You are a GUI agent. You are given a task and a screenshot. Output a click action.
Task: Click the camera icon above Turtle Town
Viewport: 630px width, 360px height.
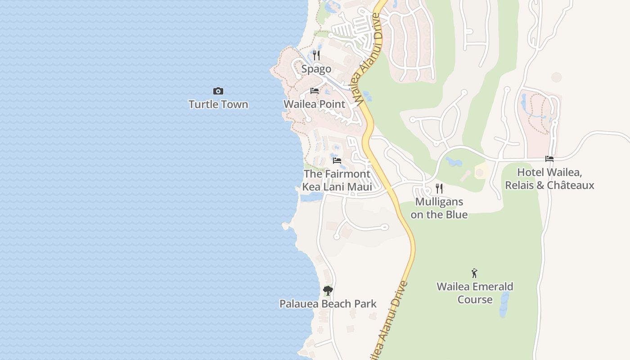click(218, 91)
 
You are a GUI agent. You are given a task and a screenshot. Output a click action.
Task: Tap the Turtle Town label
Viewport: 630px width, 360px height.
click(218, 104)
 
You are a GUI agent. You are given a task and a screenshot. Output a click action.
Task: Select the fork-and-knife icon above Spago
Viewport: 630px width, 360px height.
click(316, 55)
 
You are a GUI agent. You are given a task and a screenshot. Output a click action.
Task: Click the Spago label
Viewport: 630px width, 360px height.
click(316, 69)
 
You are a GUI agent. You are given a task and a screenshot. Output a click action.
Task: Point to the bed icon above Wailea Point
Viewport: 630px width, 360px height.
click(315, 91)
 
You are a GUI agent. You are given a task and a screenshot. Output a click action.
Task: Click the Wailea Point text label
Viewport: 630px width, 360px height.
click(315, 104)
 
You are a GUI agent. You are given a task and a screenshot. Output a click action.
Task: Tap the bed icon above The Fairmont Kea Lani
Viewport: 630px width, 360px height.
click(337, 161)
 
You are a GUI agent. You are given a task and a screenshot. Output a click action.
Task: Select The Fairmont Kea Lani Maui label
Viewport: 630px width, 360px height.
click(337, 180)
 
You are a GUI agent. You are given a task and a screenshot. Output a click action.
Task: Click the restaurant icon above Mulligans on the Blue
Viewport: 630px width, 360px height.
click(439, 189)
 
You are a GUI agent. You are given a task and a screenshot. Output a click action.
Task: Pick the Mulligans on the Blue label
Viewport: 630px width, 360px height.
click(439, 208)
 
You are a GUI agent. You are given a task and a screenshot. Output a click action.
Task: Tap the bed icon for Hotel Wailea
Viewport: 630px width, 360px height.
click(549, 159)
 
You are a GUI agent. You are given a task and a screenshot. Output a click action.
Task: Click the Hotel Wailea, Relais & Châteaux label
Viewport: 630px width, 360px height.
click(549, 179)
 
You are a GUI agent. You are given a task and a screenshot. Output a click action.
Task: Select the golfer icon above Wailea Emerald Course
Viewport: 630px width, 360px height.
click(474, 273)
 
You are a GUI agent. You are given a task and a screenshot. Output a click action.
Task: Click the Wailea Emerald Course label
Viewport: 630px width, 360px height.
click(475, 293)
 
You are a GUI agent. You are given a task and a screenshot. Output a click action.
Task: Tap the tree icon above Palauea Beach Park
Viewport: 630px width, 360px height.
click(328, 291)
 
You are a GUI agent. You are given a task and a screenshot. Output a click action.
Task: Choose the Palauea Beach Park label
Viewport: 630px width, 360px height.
click(328, 304)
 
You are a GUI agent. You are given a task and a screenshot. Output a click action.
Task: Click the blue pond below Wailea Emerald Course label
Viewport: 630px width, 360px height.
click(504, 304)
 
